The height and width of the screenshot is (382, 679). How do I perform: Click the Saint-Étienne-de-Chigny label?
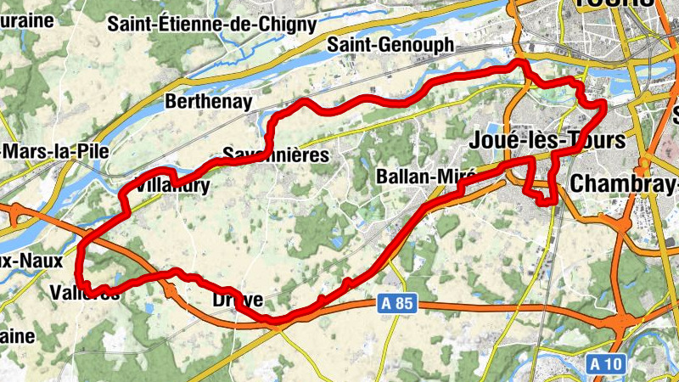[x=211, y=24]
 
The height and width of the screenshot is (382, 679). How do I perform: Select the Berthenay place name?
[x=209, y=103]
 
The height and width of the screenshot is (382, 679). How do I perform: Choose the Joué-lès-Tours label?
[x=547, y=140]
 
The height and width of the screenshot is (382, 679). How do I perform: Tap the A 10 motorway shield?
[x=606, y=364]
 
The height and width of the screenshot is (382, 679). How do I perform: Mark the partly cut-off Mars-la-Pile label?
[x=48, y=151]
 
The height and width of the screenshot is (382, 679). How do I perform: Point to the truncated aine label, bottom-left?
[x=17, y=336]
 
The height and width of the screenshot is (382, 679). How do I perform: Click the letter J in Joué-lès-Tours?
[x=475, y=140]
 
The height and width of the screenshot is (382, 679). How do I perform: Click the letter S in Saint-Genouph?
[x=334, y=46]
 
